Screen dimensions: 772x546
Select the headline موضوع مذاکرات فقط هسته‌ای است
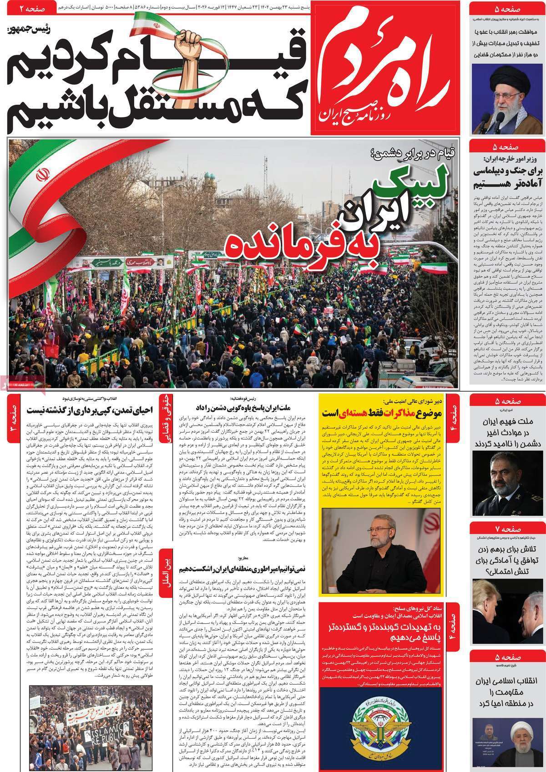coord(383,413)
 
